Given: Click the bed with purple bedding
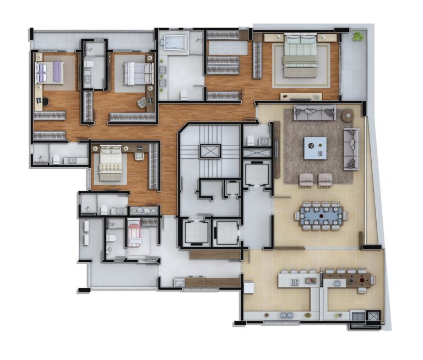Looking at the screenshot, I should click(48, 72).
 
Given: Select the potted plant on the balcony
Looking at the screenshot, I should click(359, 36).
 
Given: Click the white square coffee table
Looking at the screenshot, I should click(315, 148).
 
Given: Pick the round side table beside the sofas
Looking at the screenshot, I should click(347, 116).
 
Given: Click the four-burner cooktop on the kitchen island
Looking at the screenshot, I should click(295, 282).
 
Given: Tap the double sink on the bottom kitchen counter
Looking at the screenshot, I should click(286, 315).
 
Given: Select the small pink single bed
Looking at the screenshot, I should click(134, 233).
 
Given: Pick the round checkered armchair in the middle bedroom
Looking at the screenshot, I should click(142, 102).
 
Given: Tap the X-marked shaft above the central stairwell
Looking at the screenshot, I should click(209, 151).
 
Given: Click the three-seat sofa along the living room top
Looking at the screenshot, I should click(314, 112).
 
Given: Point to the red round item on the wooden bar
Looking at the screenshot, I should click(362, 280).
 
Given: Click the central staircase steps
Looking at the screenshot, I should click(209, 135).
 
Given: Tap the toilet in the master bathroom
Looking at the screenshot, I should click(183, 94).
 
